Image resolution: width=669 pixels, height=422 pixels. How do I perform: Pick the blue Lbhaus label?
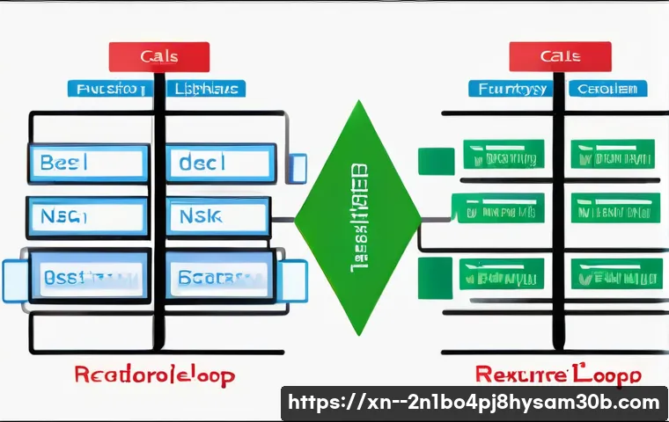click(x=204, y=89)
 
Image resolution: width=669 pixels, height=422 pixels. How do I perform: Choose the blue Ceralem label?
click(x=607, y=89)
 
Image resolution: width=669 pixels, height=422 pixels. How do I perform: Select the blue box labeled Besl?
click(x=89, y=164)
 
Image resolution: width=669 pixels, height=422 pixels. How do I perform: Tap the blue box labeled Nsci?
click(x=89, y=215)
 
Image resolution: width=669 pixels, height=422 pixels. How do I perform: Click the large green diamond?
click(x=357, y=217)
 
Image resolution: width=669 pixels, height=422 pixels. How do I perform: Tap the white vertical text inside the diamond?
click(x=359, y=217)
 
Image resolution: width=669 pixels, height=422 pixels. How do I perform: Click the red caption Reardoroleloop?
click(x=155, y=376)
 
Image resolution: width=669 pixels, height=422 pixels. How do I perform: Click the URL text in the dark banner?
click(x=474, y=404)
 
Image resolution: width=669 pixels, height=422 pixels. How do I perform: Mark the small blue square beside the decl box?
click(x=298, y=167)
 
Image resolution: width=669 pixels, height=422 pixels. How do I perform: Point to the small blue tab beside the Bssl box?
click(x=15, y=279)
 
